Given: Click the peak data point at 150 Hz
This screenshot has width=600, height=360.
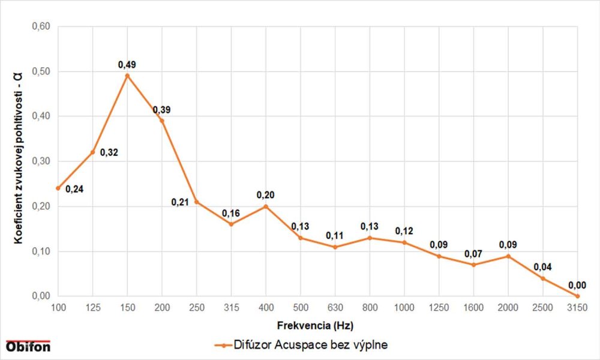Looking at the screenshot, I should click(127, 76).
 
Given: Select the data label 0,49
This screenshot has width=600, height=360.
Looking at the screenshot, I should click(127, 64).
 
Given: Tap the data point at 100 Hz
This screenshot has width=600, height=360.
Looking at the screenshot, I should click(58, 188).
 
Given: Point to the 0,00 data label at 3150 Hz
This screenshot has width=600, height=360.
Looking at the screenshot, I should click(578, 285).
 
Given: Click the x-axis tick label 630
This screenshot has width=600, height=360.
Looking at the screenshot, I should click(335, 308).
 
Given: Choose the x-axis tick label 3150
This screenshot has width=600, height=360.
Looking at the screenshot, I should click(578, 308).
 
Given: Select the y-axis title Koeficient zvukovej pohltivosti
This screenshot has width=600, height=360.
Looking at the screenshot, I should click(19, 161).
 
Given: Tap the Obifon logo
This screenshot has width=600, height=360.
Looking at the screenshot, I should click(28, 347).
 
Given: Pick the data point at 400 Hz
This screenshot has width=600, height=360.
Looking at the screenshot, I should click(266, 206).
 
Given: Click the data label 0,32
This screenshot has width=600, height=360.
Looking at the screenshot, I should click(109, 152).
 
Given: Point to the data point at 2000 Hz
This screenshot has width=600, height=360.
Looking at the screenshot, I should click(508, 256).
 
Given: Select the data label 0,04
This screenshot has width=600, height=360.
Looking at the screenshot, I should click(543, 267).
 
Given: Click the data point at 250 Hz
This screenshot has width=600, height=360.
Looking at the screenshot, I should click(197, 202).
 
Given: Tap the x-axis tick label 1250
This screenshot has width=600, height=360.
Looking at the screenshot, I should click(439, 308).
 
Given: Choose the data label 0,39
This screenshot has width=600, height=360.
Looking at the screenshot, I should click(162, 110).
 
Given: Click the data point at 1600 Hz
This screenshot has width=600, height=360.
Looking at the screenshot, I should click(474, 265).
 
